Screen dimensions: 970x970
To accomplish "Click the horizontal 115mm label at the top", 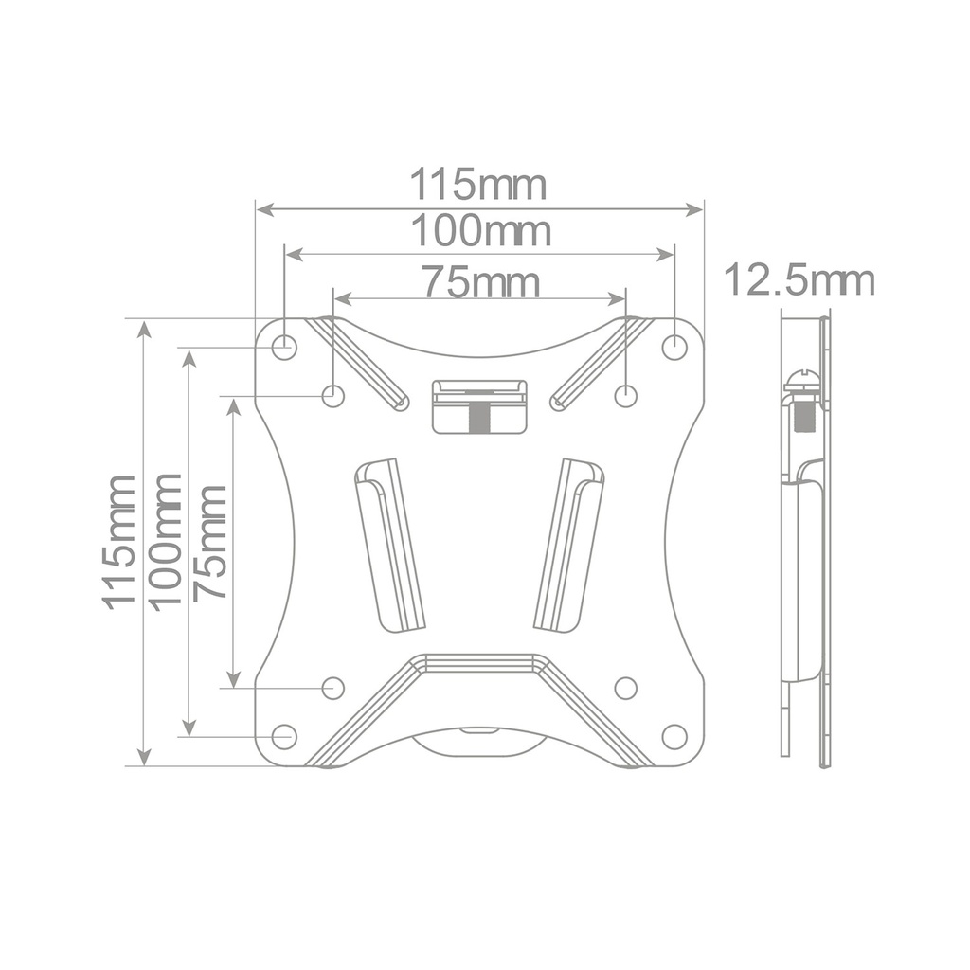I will click(478, 185).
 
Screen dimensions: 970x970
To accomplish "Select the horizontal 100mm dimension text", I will click(480, 231).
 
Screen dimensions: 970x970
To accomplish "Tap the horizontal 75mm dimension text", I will click(481, 282).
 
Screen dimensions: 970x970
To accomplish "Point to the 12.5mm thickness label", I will click(799, 281).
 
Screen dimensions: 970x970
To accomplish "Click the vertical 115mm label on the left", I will click(119, 541).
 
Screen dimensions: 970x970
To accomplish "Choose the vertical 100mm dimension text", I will click(165, 541).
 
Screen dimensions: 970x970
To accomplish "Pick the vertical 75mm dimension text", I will click(209, 543).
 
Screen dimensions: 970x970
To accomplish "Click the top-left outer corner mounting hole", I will click(284, 348).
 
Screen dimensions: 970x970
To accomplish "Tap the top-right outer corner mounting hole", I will click(674, 348).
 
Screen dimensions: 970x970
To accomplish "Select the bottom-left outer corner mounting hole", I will click(284, 736).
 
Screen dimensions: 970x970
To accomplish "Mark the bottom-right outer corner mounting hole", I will click(674, 736).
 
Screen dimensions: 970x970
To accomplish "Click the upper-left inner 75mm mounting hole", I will click(332, 396).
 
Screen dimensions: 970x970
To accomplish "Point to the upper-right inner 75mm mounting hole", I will click(625, 396).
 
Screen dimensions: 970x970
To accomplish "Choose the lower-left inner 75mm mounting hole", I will click(332, 688).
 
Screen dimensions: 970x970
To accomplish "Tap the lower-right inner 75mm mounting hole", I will click(625, 688).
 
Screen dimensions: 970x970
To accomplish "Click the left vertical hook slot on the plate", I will click(389, 545).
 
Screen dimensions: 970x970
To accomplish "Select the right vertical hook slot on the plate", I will click(569, 545).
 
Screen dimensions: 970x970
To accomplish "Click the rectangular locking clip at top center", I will click(479, 406).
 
